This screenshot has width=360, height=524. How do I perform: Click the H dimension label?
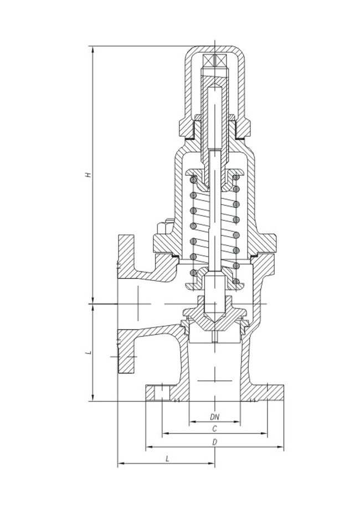[87, 175]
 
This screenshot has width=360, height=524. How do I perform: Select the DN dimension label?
[214, 416]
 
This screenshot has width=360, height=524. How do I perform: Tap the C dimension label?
[214, 429]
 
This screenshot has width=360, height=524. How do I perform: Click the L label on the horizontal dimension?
[167, 459]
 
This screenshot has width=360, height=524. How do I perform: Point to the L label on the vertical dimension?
[87, 352]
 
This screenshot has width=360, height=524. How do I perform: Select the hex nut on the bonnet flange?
[164, 229]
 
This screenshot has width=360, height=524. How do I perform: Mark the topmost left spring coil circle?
[193, 181]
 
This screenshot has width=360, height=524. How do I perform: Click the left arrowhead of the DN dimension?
[192, 422]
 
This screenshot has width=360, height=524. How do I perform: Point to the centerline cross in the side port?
[136, 304]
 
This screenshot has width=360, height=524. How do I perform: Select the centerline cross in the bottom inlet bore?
[214, 381]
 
